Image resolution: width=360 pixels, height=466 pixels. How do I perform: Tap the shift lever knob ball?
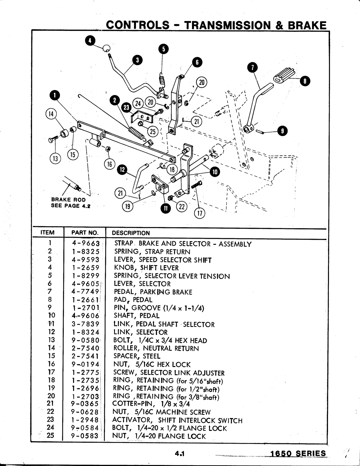[x=106, y=48]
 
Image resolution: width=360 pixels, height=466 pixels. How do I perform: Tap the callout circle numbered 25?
[x=153, y=131]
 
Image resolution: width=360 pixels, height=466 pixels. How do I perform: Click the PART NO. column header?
[x=85, y=233]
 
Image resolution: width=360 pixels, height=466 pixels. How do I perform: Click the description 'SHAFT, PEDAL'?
[x=137, y=316]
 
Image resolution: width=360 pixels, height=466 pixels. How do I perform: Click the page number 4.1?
[x=179, y=453]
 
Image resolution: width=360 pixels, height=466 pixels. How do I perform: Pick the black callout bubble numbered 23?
[x=125, y=106]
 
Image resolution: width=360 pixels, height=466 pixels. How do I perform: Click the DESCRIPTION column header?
[x=131, y=233]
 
